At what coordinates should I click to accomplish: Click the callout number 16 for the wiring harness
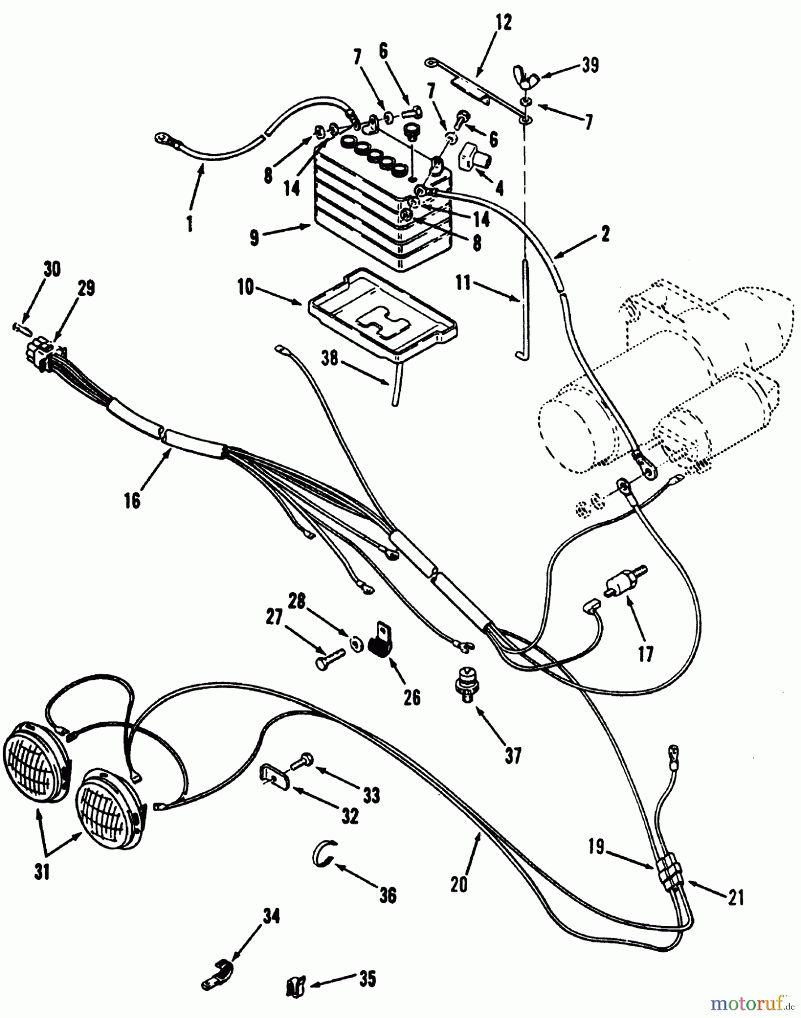click(x=132, y=499)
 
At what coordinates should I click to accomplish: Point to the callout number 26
click(x=412, y=697)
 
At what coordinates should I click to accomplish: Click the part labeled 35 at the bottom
click(x=295, y=987)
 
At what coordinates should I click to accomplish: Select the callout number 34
click(x=270, y=915)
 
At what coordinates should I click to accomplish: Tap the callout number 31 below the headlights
click(x=42, y=873)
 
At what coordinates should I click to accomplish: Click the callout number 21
click(x=735, y=898)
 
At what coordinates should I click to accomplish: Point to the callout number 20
click(x=459, y=884)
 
